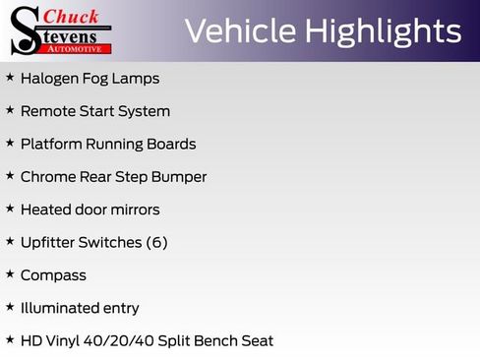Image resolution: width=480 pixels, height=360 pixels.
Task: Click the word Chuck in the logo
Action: [x=73, y=16]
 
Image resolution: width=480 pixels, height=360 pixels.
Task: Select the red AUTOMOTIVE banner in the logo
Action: [x=82, y=48]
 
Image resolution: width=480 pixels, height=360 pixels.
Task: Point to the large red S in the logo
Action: [x=25, y=30]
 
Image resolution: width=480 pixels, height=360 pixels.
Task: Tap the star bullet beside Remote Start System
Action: [x=10, y=110]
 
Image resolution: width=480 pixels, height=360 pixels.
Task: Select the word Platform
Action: [x=51, y=144]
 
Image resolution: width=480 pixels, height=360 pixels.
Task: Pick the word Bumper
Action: [x=179, y=177]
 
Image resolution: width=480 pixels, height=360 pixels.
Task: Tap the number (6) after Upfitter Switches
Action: [x=156, y=242]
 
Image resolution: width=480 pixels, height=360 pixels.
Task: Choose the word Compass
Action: [x=53, y=275]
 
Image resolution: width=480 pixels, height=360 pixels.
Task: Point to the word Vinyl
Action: [x=67, y=340]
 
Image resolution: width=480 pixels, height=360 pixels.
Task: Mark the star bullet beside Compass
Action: [x=10, y=274]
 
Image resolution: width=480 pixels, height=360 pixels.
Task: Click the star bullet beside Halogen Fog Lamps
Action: [x=10, y=77]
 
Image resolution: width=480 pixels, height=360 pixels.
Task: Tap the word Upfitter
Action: [x=50, y=242]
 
